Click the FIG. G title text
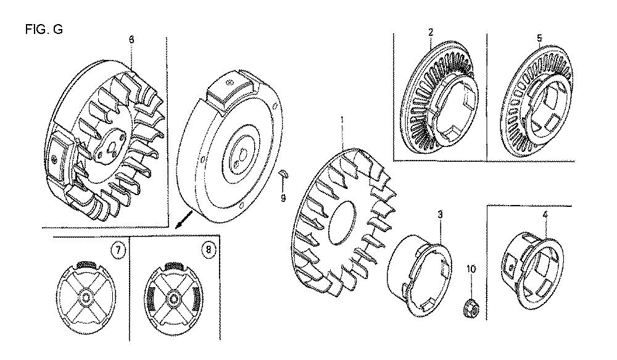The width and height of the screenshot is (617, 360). point(44,30)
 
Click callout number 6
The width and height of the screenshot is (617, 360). point(131,40)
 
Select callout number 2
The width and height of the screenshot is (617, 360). point(431,32)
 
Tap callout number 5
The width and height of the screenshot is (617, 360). point(539,38)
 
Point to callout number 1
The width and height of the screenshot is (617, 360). point(342,120)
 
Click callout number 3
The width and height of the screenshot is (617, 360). point(441,215)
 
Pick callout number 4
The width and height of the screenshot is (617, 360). point(545,215)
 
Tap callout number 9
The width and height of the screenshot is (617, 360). point(283,198)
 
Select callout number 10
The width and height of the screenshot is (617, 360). point(471,269)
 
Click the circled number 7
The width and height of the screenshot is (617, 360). point(118,249)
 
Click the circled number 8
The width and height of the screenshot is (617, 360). point(208,249)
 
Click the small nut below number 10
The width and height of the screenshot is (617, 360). point(471,307)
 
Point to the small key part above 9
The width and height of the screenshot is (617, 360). point(284,174)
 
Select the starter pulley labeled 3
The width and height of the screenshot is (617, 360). point(420,275)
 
